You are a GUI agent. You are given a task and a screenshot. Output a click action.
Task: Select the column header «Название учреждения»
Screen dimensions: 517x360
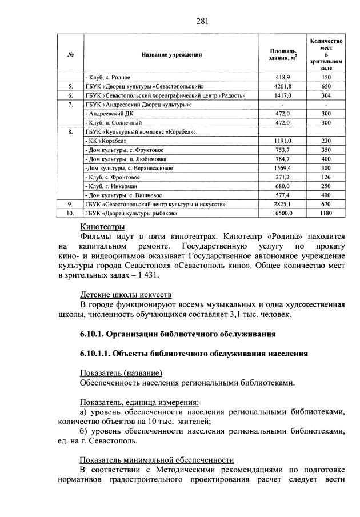click(x=172, y=55)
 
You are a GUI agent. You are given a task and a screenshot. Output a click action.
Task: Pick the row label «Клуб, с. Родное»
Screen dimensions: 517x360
click(x=108, y=77)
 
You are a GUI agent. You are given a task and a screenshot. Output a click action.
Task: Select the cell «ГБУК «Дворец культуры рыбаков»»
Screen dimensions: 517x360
click(x=131, y=213)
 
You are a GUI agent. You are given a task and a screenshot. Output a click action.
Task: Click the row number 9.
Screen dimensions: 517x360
click(x=70, y=204)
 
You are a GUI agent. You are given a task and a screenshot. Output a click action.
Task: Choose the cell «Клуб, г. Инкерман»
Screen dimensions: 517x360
click(x=111, y=186)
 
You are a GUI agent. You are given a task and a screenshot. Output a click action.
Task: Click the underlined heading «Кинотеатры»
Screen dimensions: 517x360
click(x=102, y=227)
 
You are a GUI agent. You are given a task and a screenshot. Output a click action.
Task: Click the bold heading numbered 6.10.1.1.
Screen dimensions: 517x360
click(x=194, y=354)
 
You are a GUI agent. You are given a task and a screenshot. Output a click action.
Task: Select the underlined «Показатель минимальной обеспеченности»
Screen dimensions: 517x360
click(x=157, y=459)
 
